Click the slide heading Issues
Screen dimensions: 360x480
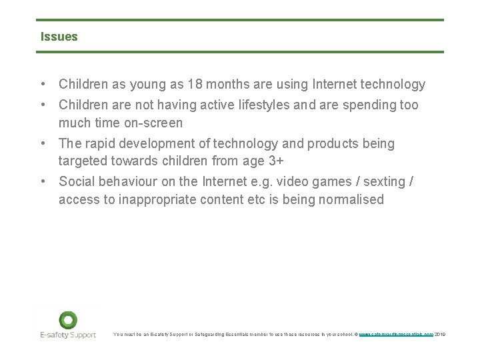click(59, 37)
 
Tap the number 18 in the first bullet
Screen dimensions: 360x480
click(195, 85)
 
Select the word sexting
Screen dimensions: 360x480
click(382, 182)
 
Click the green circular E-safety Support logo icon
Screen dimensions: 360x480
click(67, 320)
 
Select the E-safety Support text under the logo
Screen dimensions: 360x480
click(67, 335)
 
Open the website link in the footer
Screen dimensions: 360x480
click(396, 335)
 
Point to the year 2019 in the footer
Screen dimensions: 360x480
click(440, 335)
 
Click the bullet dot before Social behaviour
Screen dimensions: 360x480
click(43, 182)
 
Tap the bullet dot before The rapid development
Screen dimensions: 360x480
click(43, 144)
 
